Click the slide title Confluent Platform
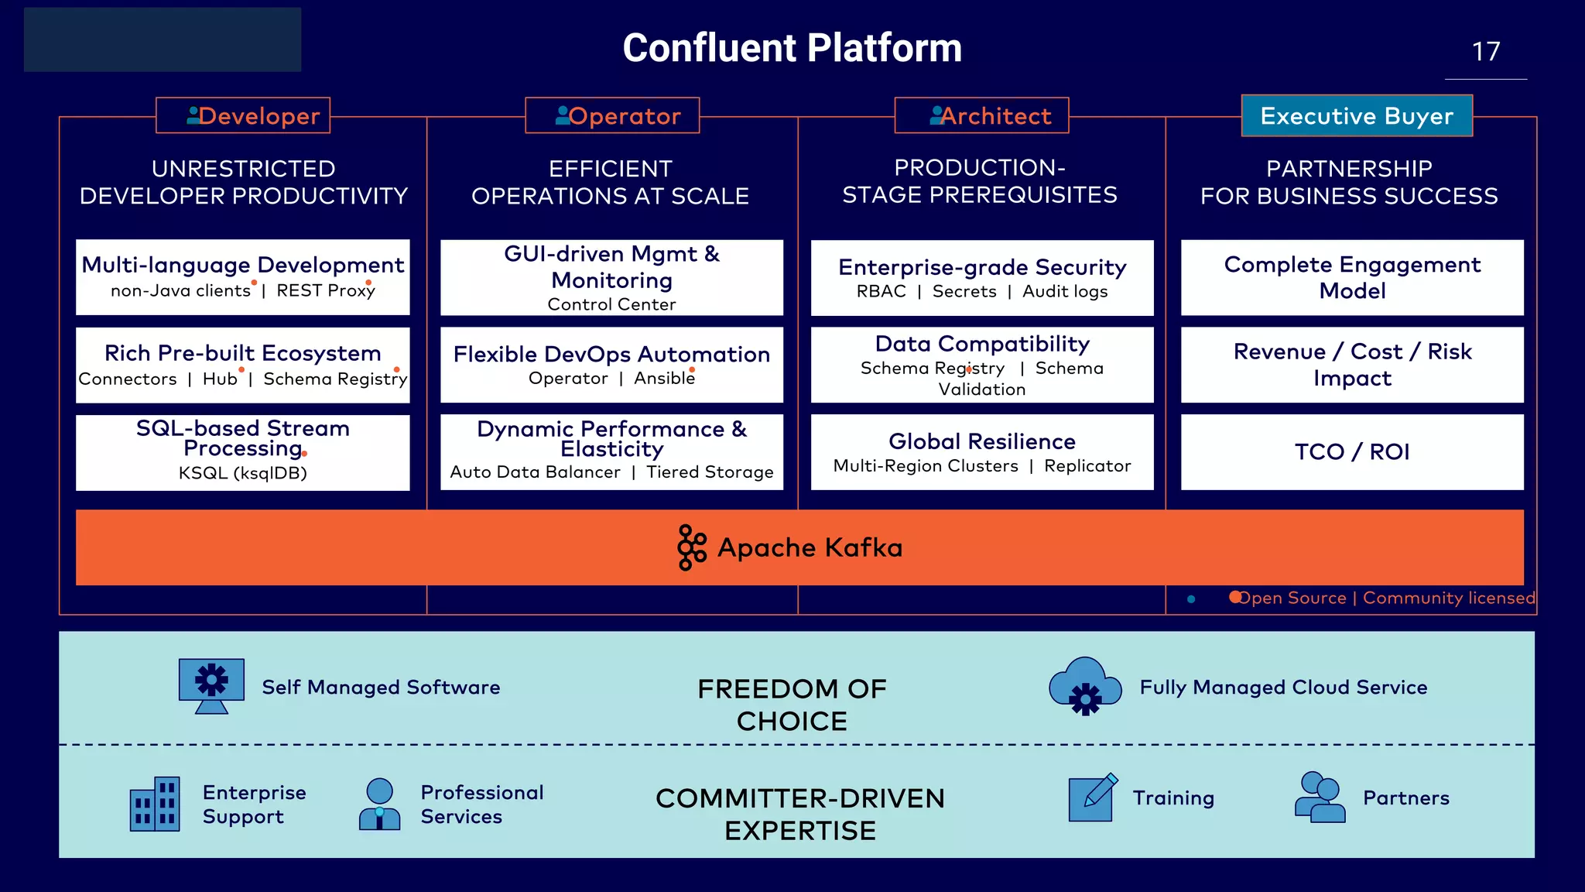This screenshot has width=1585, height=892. click(x=792, y=48)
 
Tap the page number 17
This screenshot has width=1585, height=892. click(x=1485, y=52)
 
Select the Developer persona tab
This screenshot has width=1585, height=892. click(x=243, y=115)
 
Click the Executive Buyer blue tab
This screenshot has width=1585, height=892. click(x=1357, y=115)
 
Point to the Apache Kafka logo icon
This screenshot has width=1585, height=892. click(x=691, y=547)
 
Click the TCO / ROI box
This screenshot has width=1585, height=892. click(x=1352, y=452)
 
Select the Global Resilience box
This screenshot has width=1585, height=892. click(x=981, y=452)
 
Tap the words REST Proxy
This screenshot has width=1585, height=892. click(x=326, y=290)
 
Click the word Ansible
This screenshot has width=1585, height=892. click(x=664, y=378)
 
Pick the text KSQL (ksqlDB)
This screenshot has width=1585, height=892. click(x=243, y=473)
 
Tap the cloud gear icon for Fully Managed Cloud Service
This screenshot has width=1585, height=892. click(x=1085, y=686)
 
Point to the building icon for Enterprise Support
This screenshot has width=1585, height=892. click(x=155, y=804)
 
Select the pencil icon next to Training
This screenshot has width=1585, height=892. click(x=1092, y=798)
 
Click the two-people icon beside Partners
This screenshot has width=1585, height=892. click(x=1320, y=797)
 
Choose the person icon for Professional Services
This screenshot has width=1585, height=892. click(x=379, y=805)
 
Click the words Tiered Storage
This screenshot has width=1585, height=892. click(x=710, y=472)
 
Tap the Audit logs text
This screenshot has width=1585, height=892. click(x=1065, y=291)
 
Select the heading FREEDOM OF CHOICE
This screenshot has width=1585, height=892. click(x=792, y=705)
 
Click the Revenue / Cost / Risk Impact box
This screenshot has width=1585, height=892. click(x=1352, y=365)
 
